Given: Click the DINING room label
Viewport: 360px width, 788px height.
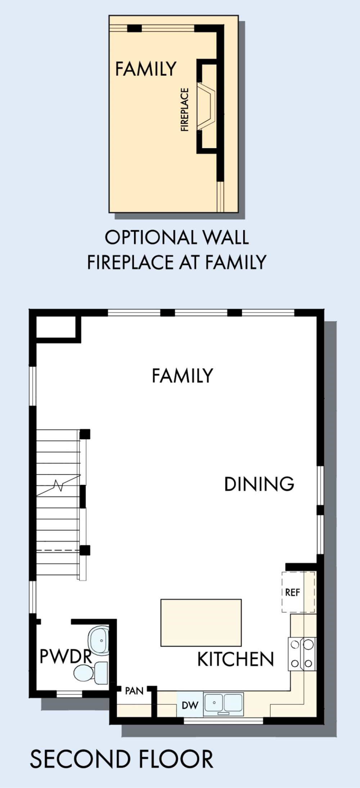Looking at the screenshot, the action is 259,484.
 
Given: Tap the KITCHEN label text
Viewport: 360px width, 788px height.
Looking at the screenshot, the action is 236,659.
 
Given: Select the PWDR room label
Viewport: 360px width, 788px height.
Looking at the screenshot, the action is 66,656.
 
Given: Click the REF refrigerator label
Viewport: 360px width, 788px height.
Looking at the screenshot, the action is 292,592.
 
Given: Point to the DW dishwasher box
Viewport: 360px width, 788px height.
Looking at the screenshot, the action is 190,705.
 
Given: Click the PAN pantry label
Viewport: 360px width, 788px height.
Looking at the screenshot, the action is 134,691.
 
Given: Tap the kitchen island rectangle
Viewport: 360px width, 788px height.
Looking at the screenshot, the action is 201,622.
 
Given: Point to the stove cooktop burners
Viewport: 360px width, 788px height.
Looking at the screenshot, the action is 302,654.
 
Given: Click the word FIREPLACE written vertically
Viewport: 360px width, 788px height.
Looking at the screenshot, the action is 184,109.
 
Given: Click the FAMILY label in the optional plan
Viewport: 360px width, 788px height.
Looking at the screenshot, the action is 146,68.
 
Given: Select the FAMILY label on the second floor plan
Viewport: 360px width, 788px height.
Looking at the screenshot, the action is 183,375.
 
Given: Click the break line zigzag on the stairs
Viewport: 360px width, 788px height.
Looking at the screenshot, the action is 58,485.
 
